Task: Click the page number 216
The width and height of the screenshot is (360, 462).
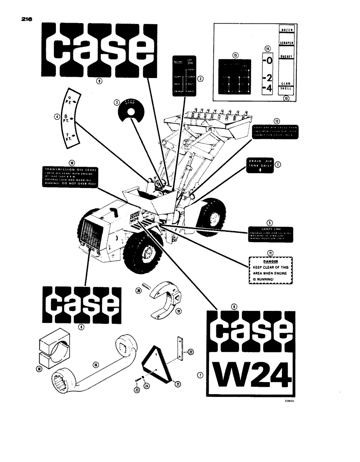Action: [27, 20]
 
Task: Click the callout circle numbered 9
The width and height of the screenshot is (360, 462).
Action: [98, 80]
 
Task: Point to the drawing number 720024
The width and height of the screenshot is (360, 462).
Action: [289, 401]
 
